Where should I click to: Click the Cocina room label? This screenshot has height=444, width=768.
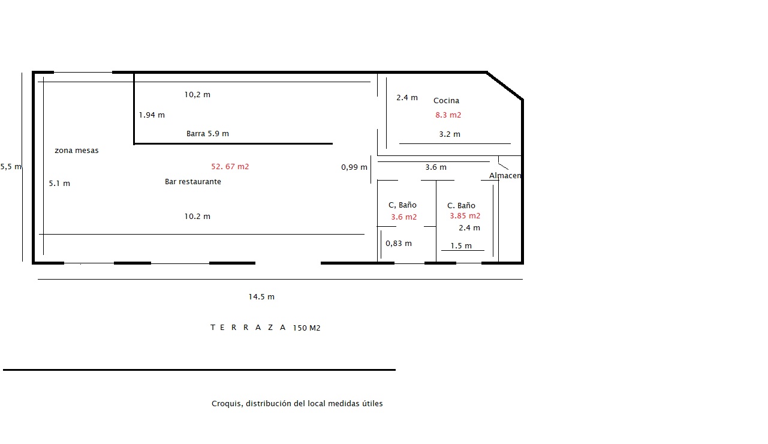446,101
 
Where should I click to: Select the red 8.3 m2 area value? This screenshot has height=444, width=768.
448,115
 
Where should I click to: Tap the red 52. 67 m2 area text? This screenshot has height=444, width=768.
230,166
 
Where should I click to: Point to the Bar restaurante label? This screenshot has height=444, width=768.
192,182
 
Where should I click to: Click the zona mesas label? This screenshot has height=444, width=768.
77,150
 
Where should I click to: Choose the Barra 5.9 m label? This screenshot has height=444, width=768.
207,133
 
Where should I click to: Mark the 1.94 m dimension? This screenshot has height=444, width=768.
152,115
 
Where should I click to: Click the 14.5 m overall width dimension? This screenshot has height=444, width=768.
261,297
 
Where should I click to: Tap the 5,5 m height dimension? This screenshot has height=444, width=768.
11,167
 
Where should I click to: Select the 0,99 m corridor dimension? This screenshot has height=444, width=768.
354,167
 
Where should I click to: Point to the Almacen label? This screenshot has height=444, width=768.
505,175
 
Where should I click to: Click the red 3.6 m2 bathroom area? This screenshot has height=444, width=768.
403,217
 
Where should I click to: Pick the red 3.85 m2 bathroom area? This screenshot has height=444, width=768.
465,216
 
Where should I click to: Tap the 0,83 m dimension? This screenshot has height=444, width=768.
399,243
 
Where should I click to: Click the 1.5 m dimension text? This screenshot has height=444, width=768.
461,245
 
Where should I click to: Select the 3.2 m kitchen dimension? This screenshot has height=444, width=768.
450,134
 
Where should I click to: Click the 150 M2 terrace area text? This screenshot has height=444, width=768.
306,328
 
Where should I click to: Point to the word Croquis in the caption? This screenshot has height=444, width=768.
227,404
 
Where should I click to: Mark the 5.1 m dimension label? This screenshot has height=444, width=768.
59,183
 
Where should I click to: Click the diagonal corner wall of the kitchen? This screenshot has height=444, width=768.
505,86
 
